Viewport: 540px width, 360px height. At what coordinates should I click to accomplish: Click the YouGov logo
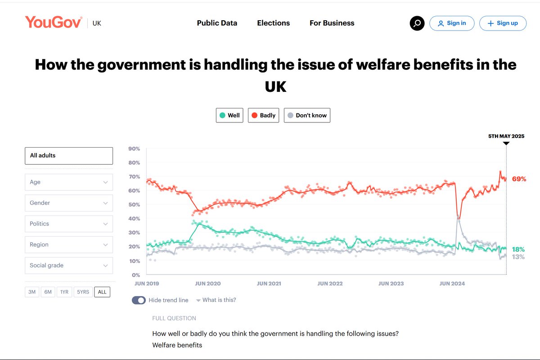click(x=54, y=22)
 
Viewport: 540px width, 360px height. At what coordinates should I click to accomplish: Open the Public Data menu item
click(x=217, y=23)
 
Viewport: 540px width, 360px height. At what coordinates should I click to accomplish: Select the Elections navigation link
click(x=273, y=23)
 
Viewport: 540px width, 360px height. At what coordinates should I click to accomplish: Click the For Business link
click(x=332, y=23)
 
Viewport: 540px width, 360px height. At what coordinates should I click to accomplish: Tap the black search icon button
click(x=417, y=23)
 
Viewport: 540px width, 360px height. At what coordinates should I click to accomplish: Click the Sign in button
click(x=452, y=23)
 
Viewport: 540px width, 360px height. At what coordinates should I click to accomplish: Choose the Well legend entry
click(x=229, y=115)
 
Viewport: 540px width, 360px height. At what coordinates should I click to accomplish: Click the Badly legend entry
click(x=263, y=115)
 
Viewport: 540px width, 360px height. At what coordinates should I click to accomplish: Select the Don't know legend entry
click(x=307, y=115)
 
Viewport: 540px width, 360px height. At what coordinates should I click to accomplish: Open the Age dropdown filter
click(x=68, y=182)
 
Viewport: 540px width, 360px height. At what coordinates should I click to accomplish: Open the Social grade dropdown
click(x=68, y=265)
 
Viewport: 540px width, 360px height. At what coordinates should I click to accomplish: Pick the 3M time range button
click(x=32, y=292)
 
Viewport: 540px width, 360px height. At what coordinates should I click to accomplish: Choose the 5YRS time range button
click(x=83, y=292)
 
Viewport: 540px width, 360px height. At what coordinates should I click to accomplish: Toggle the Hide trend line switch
click(x=139, y=300)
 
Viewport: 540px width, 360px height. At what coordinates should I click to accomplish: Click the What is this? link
click(x=219, y=300)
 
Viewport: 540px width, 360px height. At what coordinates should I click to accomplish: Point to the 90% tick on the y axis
click(x=134, y=149)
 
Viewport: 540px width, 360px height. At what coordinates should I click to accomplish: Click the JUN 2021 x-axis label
click(x=269, y=283)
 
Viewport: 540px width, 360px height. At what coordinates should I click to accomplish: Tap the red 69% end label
click(x=518, y=179)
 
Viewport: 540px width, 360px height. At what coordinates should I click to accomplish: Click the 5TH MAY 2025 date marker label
click(x=506, y=136)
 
